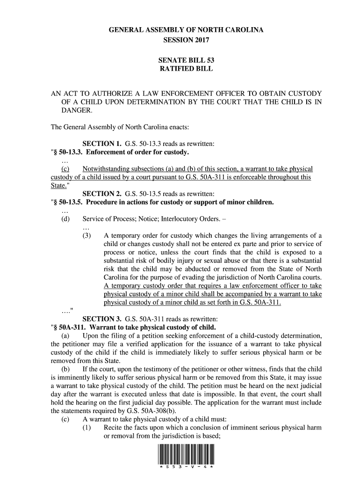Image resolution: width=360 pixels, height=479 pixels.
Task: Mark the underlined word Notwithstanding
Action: pos(107,169)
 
